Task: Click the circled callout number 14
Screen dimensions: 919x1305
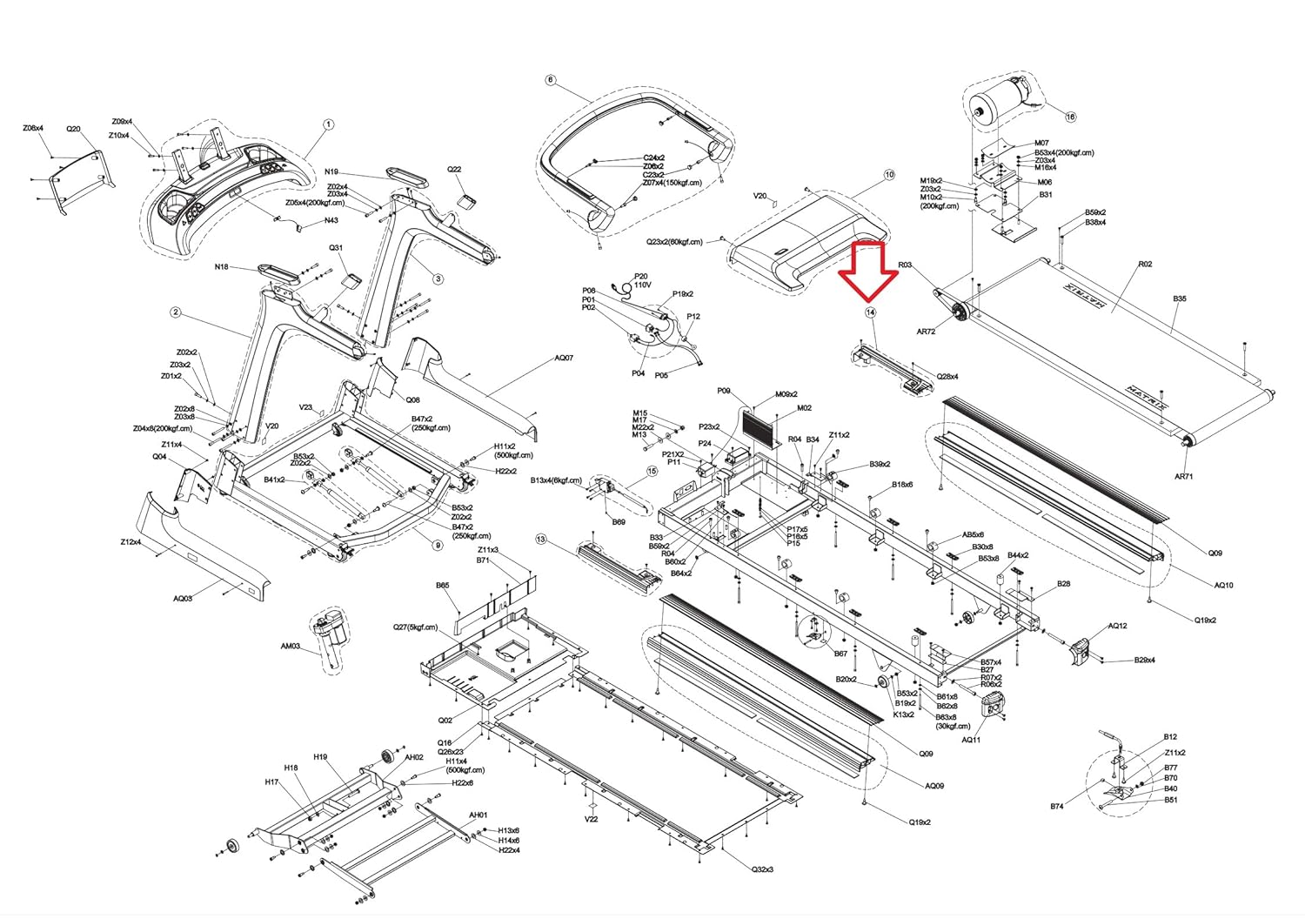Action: pos(869,312)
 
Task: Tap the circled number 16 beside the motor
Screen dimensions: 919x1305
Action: pos(1070,117)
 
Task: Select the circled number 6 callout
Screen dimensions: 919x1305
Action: pos(550,80)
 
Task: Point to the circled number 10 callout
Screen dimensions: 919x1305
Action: pos(888,175)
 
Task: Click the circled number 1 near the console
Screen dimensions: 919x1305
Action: pos(329,124)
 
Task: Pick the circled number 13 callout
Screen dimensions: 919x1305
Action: pos(540,540)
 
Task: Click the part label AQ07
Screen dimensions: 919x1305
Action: pos(564,358)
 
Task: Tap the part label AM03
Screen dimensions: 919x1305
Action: pos(290,647)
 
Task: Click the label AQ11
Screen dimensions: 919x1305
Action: pos(971,740)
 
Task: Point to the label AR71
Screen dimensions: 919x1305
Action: pos(1183,476)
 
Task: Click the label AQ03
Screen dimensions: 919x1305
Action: pos(182,598)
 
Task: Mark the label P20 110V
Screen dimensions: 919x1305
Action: pos(642,279)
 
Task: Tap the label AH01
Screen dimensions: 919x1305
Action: pos(478,815)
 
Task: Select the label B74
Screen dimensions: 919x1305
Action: pos(1056,807)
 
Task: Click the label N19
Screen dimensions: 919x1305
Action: pos(331,172)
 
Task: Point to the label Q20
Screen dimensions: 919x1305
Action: pos(73,129)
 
